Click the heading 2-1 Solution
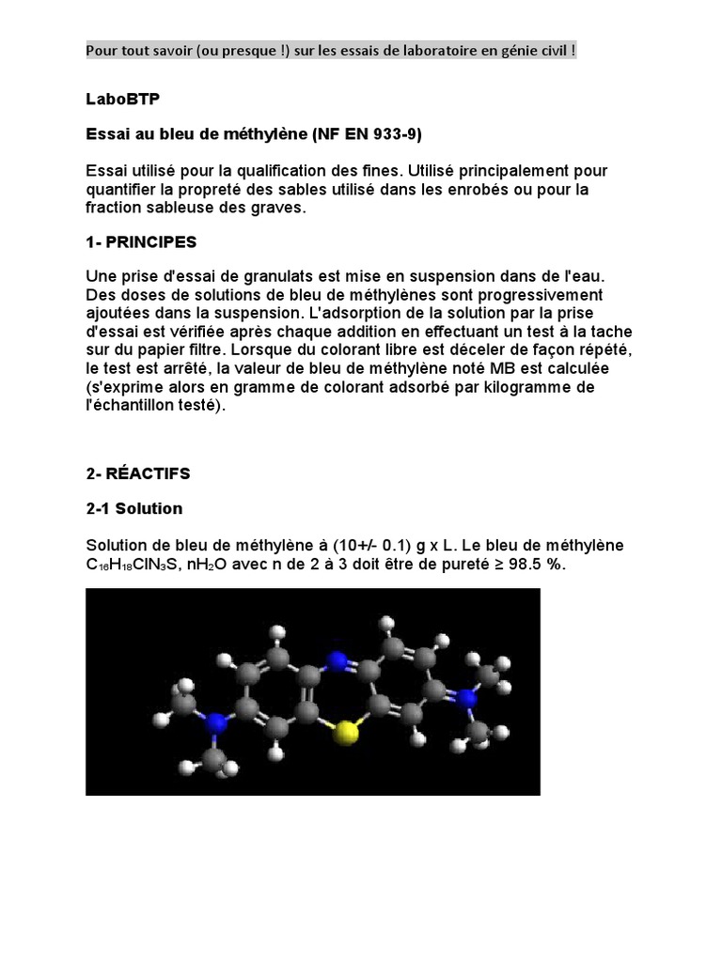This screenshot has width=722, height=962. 134,508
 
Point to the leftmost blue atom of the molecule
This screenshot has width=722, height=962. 217,722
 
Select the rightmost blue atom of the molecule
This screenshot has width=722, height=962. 468,699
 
